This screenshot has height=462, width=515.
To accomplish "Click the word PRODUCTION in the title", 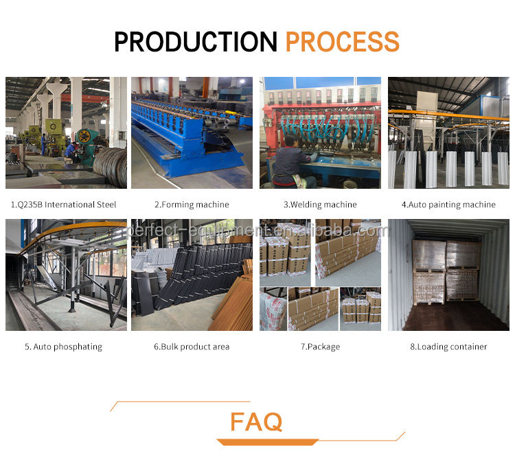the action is (x=196, y=42).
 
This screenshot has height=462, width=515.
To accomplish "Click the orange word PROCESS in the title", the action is (x=343, y=42).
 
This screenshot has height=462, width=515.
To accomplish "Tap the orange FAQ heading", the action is (x=256, y=422).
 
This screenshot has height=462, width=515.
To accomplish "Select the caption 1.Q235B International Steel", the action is (x=64, y=205).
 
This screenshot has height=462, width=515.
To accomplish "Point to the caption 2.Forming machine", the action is (x=192, y=205).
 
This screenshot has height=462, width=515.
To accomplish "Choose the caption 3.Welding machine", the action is (x=320, y=205).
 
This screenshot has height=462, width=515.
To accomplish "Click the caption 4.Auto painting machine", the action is (x=448, y=205).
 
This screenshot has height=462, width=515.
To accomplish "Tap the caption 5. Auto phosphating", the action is (x=64, y=347).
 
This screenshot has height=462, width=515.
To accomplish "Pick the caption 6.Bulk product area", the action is (x=192, y=347).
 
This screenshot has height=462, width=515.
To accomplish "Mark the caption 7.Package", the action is (x=320, y=347).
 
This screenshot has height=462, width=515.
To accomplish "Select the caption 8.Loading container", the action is (x=448, y=347).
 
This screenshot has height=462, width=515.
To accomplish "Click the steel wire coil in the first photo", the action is (x=111, y=168).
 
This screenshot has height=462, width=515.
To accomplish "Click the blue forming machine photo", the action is (x=192, y=132).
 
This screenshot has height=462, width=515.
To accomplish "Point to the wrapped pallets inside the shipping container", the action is (x=446, y=271).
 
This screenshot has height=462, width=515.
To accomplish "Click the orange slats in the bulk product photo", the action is (x=231, y=302).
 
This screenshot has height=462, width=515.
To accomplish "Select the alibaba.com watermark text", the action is (x=257, y=230).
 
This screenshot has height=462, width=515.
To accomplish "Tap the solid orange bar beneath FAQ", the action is (x=267, y=442).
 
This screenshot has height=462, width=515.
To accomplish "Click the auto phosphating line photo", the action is (x=66, y=275).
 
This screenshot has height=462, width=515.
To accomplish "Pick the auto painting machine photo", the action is (x=448, y=132).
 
